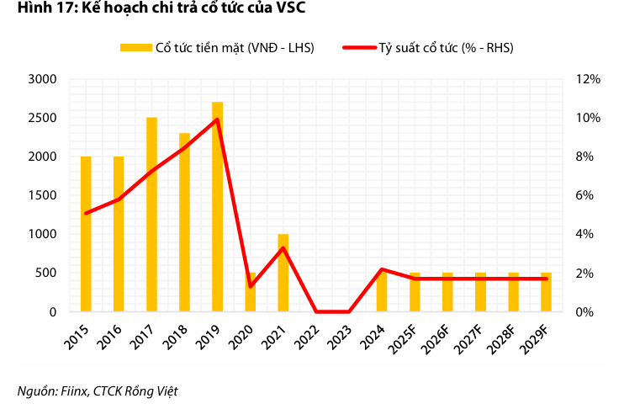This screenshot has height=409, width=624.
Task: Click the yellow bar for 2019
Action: pos(217,207)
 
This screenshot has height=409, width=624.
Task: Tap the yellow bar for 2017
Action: pos(151,215)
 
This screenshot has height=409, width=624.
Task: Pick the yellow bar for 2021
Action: pos(283,273)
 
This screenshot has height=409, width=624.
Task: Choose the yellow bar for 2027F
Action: pos(480,292)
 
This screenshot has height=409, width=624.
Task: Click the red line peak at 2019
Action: pos(217,120)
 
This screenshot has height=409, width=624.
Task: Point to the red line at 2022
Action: pos(316,311)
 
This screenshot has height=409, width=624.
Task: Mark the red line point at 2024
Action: pos(382,269)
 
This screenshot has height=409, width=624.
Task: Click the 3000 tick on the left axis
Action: pos(42,79)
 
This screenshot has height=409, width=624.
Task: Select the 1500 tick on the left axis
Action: pos(42,195)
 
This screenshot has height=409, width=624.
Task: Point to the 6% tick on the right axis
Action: pos(585,195)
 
